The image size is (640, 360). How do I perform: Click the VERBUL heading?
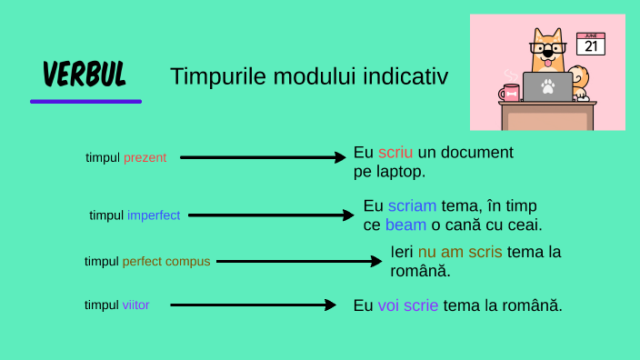[x=85, y=74]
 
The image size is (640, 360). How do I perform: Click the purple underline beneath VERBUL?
[x=85, y=101]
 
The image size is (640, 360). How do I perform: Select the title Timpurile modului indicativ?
[x=309, y=76]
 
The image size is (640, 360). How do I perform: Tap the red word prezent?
[x=145, y=157]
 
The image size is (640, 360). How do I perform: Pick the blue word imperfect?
[x=154, y=215]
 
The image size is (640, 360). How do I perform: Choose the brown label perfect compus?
[x=166, y=261]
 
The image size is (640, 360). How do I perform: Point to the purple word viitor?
[x=135, y=305]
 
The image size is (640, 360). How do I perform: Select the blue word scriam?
[x=412, y=205]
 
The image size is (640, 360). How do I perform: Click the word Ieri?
[x=402, y=252]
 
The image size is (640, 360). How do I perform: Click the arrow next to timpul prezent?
[x=264, y=157]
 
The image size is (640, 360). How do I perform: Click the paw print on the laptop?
[x=547, y=87]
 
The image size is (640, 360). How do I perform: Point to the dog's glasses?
[x=548, y=47]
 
